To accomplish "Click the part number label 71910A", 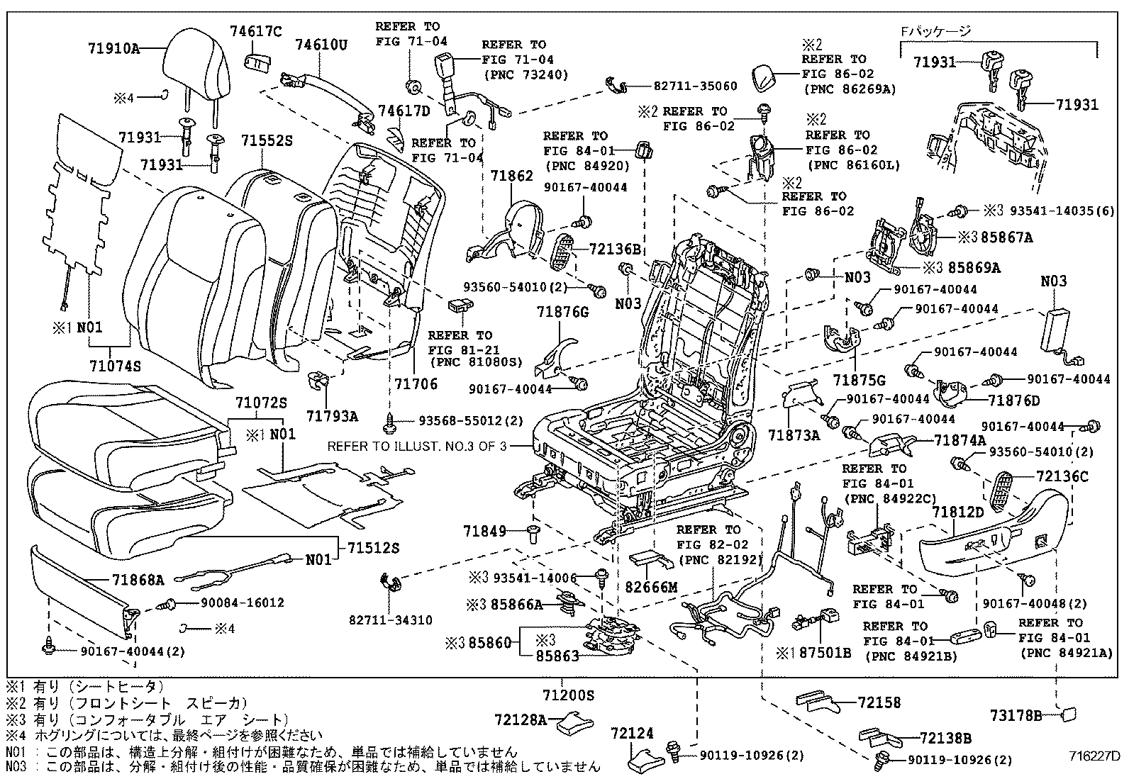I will pos(113,49).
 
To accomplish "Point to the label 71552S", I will pos(266,141).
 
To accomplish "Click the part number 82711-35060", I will pos(695,86).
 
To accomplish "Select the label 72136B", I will pos(615,250).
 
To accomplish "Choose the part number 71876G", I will pos(562,312).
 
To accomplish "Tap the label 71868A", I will pos(138,580).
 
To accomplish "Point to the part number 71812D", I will pos(958,512).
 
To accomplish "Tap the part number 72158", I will pos(879,702).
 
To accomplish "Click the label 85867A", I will pos(1007,238).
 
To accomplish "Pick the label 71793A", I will pos(332,416).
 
